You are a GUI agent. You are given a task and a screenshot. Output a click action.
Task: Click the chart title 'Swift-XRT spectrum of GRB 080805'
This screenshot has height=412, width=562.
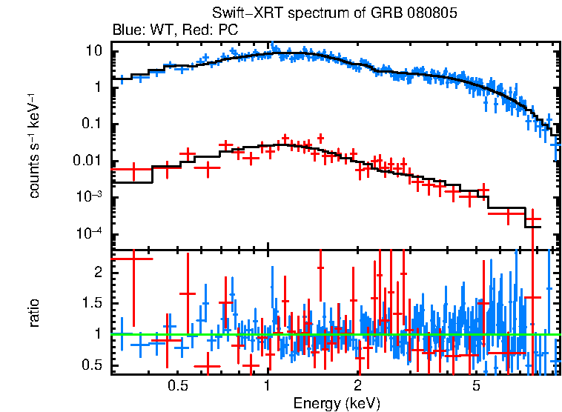[x=335, y=14]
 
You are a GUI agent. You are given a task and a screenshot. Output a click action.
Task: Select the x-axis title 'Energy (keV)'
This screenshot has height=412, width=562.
[x=337, y=403]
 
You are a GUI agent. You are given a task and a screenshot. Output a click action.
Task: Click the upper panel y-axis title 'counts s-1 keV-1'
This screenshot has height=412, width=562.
[x=34, y=146]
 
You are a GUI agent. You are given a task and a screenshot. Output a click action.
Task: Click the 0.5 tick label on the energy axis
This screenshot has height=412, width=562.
[x=177, y=386]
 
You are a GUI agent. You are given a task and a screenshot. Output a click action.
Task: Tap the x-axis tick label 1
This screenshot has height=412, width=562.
[x=268, y=386]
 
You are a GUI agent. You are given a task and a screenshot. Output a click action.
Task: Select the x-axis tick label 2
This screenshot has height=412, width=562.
[x=357, y=386]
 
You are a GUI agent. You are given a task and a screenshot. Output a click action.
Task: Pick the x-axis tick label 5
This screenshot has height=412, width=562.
[x=477, y=386]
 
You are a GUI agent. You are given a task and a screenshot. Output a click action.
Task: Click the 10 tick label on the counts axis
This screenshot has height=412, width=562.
[x=93, y=51]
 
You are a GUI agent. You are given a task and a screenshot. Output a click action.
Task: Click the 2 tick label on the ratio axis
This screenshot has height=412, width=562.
[x=97, y=272]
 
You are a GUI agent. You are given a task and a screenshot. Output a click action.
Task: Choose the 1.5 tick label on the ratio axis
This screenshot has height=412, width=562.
[x=92, y=303]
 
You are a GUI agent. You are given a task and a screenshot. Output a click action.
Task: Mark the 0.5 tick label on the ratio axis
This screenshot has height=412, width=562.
[x=92, y=365]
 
